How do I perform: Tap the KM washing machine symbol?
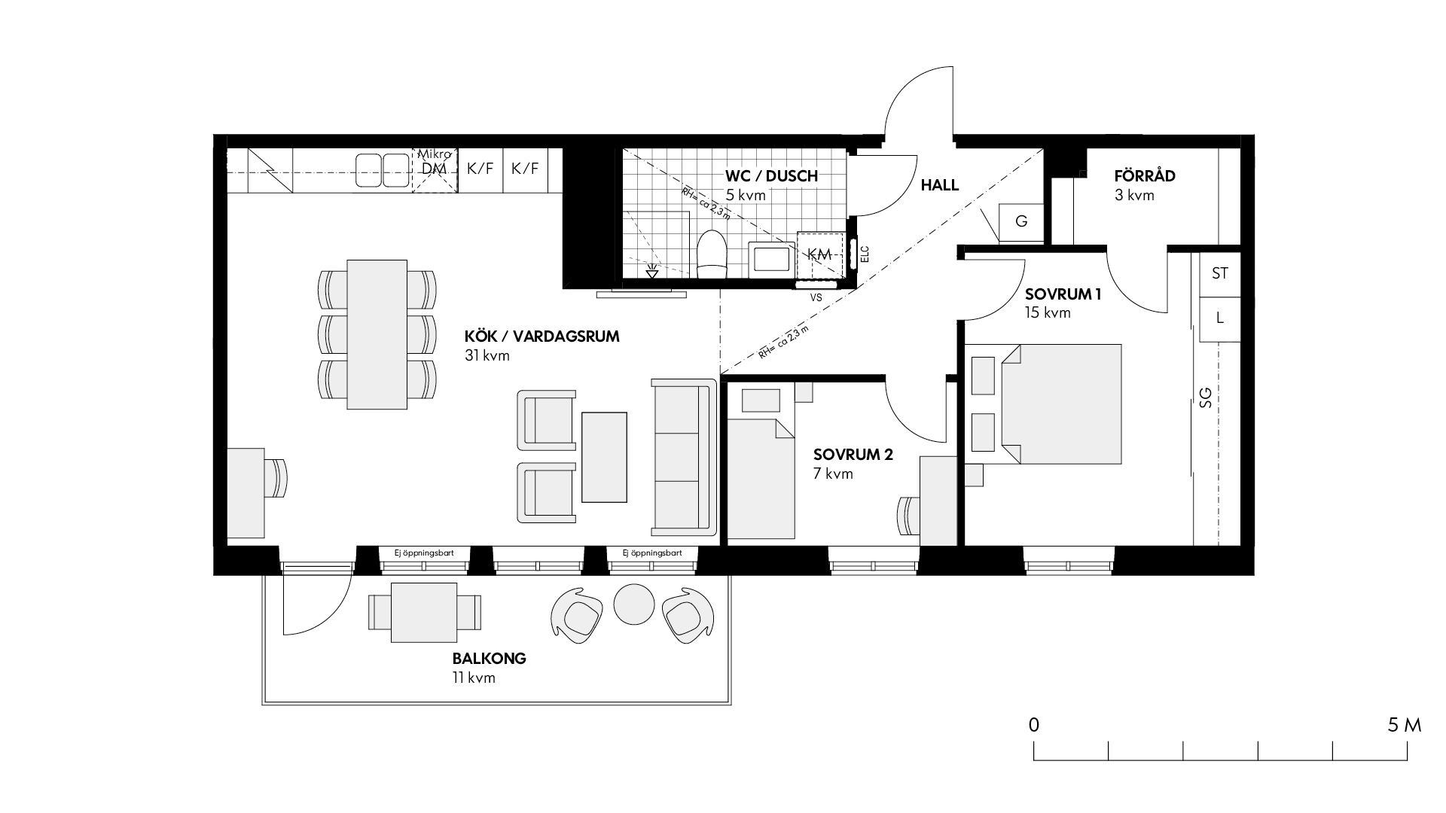pos(819,254)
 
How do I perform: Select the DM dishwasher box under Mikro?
pos(435,170)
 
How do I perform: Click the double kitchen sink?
pos(382,170)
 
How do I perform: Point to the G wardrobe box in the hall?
pos(1021,221)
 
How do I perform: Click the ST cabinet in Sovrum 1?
pos(1220,273)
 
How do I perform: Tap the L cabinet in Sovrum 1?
pos(1220,318)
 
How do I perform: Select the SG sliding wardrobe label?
pos(1205,397)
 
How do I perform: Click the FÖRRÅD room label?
pos(1145,176)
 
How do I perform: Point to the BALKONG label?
pos(490,658)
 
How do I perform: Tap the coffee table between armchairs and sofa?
pos(604,457)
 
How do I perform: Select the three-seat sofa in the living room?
pos(684,457)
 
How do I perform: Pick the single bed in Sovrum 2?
pos(761,480)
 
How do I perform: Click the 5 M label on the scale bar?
pos(1404,725)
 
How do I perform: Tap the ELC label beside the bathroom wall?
pos(865,254)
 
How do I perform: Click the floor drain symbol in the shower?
pos(652,271)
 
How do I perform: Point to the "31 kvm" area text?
pos(487,355)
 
